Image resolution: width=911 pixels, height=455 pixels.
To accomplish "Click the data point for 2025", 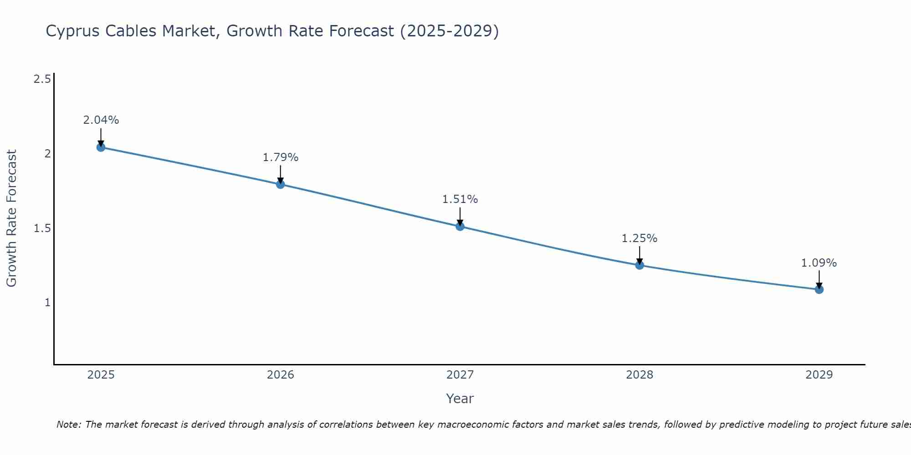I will (x=101, y=147).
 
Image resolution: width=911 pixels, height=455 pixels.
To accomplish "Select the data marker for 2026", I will (x=281, y=184).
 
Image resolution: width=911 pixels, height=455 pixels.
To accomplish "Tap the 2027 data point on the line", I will (x=460, y=226).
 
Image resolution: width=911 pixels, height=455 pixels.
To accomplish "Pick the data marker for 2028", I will (x=640, y=265).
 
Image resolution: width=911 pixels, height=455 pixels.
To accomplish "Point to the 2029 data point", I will (x=819, y=289).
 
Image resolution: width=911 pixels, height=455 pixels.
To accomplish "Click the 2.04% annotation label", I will (x=101, y=120).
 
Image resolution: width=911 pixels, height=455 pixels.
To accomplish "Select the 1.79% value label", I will (x=281, y=157).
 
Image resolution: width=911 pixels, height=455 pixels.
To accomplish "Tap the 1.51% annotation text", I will (x=460, y=199).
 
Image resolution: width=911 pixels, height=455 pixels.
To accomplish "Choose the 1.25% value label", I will (x=640, y=238).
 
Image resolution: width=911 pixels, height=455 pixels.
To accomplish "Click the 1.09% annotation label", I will (x=819, y=263).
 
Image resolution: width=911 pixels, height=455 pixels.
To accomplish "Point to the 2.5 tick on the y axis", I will (x=42, y=79).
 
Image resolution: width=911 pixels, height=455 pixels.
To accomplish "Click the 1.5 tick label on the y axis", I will (x=42, y=228).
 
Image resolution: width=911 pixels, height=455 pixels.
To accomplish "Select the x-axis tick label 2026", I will (x=281, y=375).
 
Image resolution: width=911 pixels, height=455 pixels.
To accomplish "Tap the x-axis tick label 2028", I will (x=640, y=375).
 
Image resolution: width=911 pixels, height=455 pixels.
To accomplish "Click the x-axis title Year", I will (x=460, y=399).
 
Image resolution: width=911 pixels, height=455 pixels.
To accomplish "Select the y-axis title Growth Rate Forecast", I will (x=11, y=218).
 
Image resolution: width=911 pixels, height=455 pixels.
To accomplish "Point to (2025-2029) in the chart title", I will (x=449, y=31).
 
